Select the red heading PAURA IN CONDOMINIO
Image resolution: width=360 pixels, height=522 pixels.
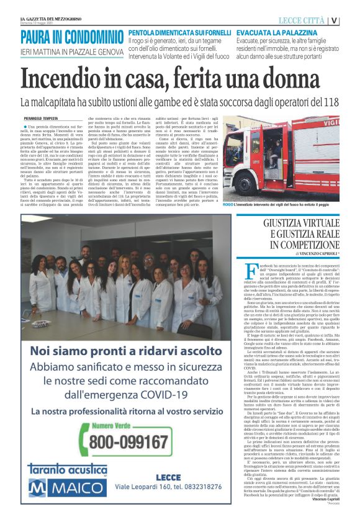[71, 36]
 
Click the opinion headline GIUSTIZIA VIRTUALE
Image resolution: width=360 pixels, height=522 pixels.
[301, 223]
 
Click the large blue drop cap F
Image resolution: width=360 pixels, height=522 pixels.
[251, 271]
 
